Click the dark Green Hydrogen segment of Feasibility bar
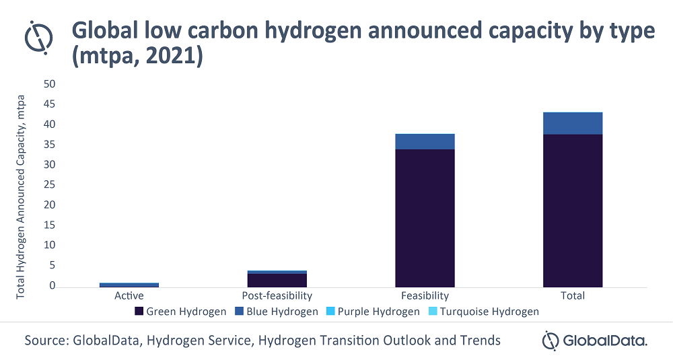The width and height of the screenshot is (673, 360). [x=425, y=218]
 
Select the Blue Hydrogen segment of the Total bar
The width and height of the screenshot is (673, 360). [x=573, y=123]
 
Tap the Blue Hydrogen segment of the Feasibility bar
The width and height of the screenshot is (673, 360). [x=425, y=141]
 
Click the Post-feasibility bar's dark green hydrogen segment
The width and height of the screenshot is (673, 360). [x=277, y=280]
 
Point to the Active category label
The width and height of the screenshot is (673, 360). [x=129, y=295]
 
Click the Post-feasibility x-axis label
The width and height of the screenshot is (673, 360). [x=277, y=295]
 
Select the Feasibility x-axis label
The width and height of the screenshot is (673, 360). [x=425, y=295]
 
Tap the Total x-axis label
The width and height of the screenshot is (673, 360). [x=573, y=295]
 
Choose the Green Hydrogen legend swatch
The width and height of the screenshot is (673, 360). [x=139, y=312]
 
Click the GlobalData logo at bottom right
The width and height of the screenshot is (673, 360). [x=595, y=340]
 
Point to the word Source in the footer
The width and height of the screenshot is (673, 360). [x=46, y=340]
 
